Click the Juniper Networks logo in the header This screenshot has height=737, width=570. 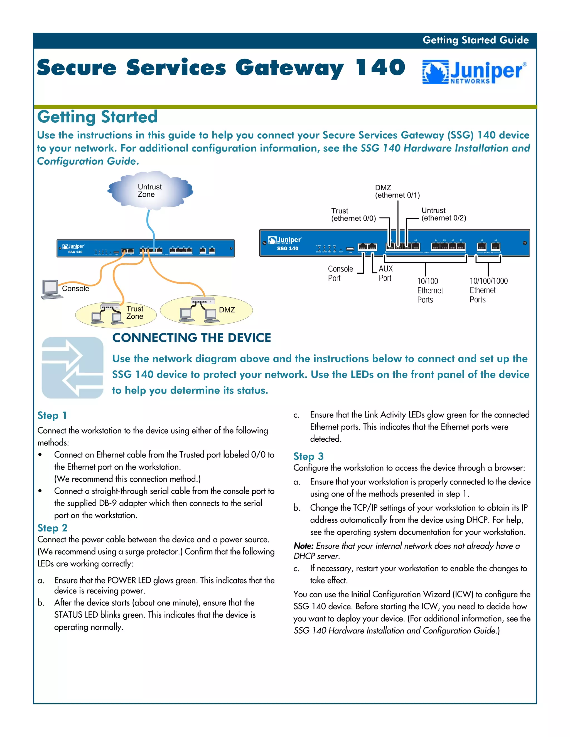coord(474,72)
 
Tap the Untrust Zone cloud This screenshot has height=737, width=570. coord(150,190)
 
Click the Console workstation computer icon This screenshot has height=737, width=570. coord(51,289)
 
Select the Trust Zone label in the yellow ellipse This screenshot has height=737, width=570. coord(135,313)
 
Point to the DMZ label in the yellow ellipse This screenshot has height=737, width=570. coord(227,310)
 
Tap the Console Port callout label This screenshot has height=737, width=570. coord(340,273)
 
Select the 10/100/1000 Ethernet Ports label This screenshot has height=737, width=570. coord(488,290)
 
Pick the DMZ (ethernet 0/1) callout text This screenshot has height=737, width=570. coord(397,191)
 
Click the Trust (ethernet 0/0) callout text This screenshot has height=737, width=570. coord(353,215)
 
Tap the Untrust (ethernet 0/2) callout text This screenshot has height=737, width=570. coord(443,214)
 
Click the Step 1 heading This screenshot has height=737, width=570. coord(52,416)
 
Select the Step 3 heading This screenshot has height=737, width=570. coord(308,456)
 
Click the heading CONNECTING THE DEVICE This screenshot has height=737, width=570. coord(191,338)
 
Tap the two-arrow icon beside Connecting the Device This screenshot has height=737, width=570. coord(72,367)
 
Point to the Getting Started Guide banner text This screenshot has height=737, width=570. coord(475,40)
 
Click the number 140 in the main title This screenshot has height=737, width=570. coord(380,68)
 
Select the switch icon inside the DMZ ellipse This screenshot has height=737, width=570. coord(203,301)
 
